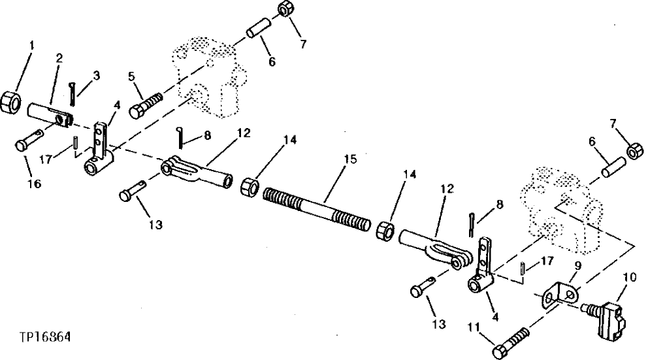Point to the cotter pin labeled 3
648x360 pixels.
[x=74, y=93]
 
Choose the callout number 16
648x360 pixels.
[x=34, y=184]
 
